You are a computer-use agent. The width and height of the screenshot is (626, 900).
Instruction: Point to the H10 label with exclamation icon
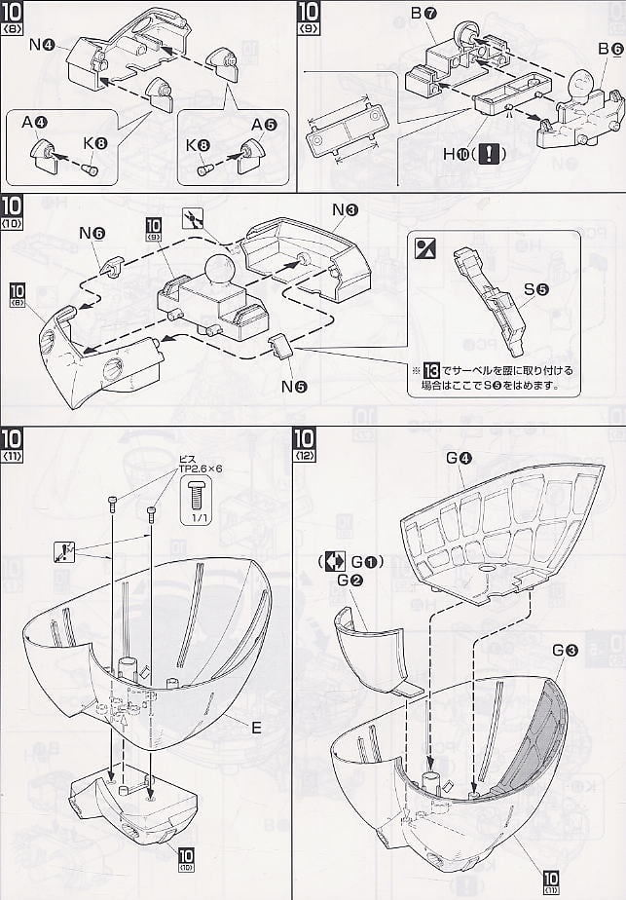pos(486,154)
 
